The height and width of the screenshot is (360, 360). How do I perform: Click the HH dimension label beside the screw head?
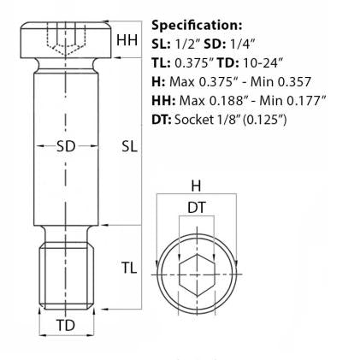[x=127, y=40]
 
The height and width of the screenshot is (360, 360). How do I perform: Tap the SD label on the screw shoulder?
[x=65, y=146]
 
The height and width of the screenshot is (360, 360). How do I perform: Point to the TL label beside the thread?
[x=127, y=269]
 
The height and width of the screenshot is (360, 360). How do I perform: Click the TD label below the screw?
[x=65, y=325]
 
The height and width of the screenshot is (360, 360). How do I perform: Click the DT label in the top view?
[x=196, y=206]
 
